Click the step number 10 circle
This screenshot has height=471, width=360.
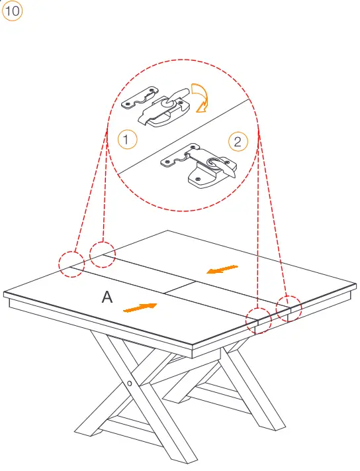12,11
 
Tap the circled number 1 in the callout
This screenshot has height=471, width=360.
127,139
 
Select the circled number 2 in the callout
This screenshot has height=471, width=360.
238,142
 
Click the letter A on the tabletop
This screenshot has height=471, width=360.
107,297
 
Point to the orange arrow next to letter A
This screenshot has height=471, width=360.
140,307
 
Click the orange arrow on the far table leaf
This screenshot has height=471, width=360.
222,269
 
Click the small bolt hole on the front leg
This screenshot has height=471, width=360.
130,383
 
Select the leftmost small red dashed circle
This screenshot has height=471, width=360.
71,264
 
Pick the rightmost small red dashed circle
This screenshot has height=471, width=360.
289,309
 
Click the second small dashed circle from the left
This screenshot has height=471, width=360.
103,254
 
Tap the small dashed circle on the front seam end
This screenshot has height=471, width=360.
259,321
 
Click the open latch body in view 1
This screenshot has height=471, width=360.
163,113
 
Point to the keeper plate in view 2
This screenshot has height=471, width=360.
179,155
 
